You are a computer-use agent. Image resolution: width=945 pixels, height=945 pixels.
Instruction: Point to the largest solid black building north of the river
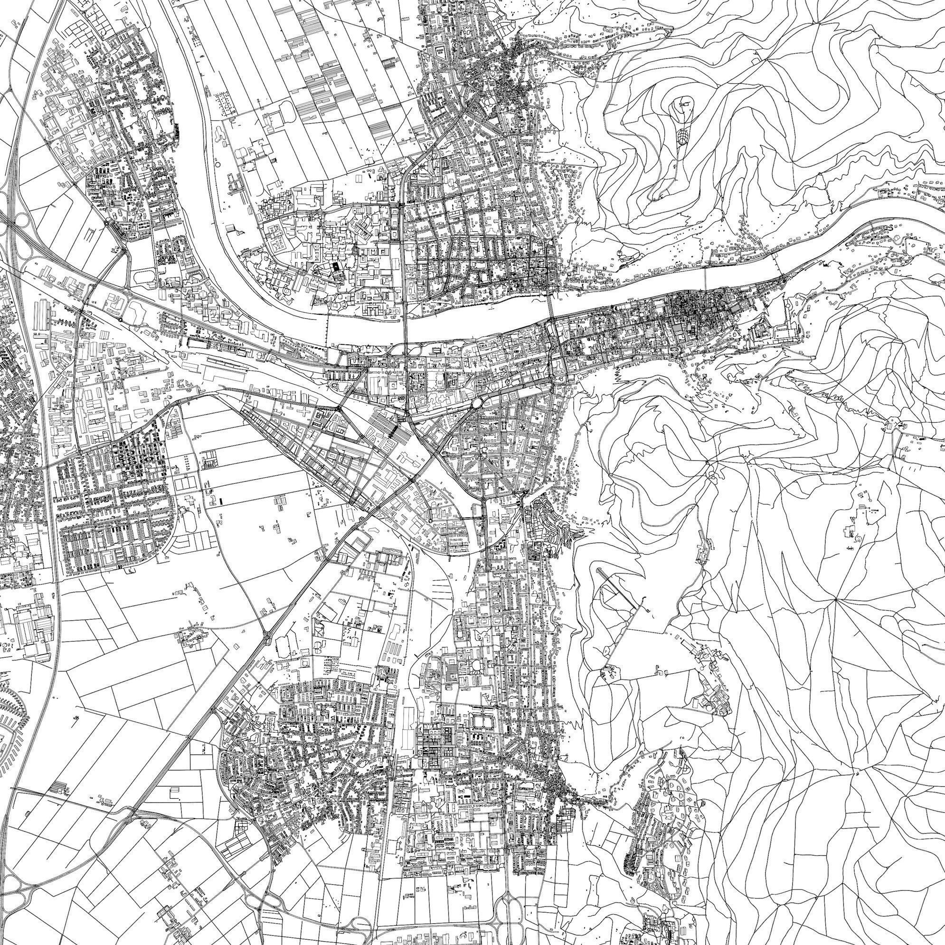[x=336, y=268]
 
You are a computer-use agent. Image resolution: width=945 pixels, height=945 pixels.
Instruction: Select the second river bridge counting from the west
[x=406, y=323]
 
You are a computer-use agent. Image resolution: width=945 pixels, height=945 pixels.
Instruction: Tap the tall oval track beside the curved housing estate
[x=189, y=519]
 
